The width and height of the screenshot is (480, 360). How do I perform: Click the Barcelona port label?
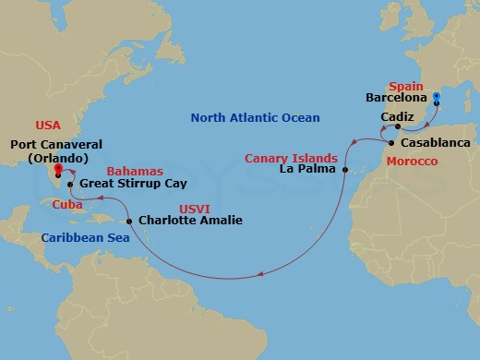click(x=397, y=97)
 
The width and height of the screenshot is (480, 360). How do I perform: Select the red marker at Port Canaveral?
click(x=58, y=170)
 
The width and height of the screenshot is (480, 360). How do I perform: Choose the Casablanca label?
click(x=435, y=144)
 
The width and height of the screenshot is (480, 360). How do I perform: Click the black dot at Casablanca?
click(x=392, y=143)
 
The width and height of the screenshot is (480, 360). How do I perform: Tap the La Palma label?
click(x=309, y=171)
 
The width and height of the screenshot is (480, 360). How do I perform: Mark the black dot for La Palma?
click(x=343, y=171)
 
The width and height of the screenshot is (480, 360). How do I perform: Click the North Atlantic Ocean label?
click(x=255, y=118)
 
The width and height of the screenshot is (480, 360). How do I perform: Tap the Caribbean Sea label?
click(x=79, y=238)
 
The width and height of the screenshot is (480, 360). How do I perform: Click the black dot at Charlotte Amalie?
click(x=129, y=221)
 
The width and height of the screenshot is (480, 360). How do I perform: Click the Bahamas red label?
click(x=135, y=171)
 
